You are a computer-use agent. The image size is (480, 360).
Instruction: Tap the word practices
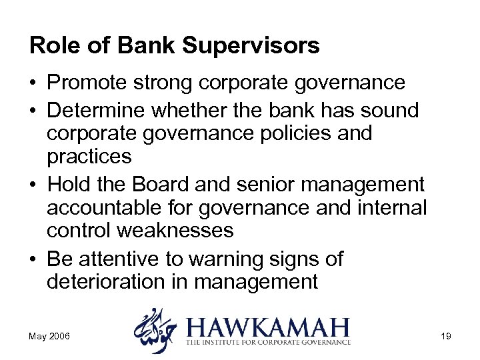click(x=90, y=157)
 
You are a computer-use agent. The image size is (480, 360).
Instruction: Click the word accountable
click(x=106, y=207)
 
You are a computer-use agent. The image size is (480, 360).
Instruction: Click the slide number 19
click(x=445, y=336)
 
